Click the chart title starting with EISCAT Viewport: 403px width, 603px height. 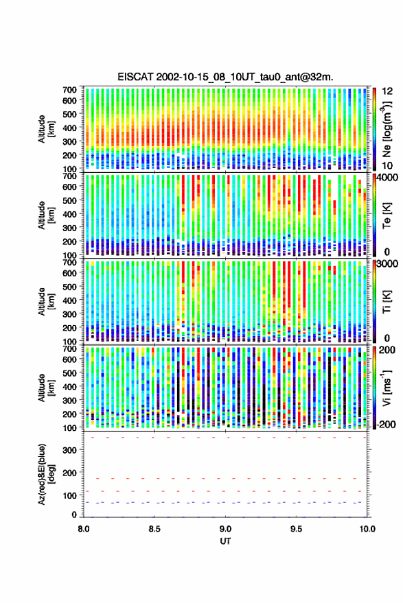tap(225, 77)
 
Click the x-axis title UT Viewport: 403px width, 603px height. tap(225, 541)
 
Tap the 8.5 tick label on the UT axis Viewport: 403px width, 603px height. tap(154, 529)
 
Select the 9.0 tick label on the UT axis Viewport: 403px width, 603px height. tap(225, 529)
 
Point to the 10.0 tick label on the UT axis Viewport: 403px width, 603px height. tap(367, 529)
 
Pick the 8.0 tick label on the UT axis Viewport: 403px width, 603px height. tap(84, 529)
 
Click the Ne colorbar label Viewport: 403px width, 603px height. tap(387, 129)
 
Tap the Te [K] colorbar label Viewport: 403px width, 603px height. tap(387, 215)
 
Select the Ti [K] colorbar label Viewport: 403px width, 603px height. tap(387, 302)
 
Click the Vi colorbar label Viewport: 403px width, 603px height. tap(387, 388)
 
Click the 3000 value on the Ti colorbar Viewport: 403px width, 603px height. tap(387, 264)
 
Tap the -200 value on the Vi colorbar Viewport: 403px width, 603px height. tap(386, 425)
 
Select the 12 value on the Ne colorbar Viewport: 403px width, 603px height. tap(388, 91)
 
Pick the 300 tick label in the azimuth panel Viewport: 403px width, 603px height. tap(69, 450)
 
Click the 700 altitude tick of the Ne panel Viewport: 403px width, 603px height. tap(69, 90)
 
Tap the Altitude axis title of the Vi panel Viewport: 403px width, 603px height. tap(46, 388)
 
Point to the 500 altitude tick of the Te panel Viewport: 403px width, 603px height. tap(69, 200)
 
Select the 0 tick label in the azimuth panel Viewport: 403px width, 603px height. tap(74, 515)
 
